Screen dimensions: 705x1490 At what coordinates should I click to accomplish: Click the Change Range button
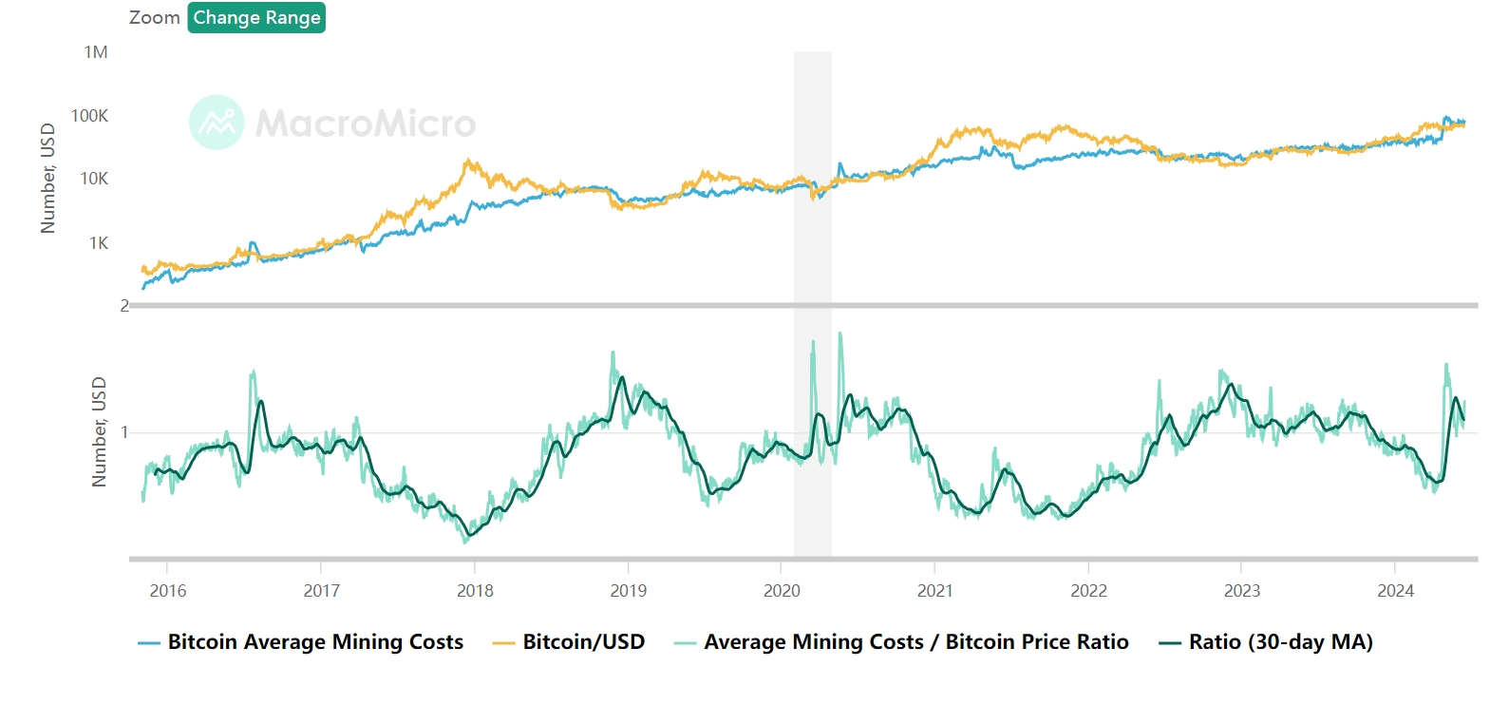pyautogui.click(x=256, y=18)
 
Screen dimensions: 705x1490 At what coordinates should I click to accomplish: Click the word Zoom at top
pyautogui.click(x=155, y=18)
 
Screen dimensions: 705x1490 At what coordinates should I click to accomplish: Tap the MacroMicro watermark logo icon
pyautogui.click(x=217, y=123)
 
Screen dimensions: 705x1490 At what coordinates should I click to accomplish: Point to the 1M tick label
pyautogui.click(x=96, y=52)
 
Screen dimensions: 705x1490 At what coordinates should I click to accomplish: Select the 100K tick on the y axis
pyautogui.click(x=90, y=116)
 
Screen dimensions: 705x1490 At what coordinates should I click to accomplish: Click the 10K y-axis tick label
pyautogui.click(x=94, y=179)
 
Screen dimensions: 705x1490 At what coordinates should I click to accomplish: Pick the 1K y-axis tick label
pyautogui.click(x=99, y=243)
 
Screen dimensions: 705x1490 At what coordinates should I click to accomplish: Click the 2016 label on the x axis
pyautogui.click(x=168, y=591)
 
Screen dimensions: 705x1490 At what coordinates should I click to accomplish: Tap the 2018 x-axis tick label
pyautogui.click(x=475, y=591)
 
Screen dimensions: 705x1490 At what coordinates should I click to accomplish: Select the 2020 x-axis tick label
pyautogui.click(x=782, y=591)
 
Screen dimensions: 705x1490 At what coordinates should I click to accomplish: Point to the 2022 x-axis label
pyautogui.click(x=1088, y=591)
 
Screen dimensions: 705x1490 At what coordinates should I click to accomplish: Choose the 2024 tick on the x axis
pyautogui.click(x=1395, y=591)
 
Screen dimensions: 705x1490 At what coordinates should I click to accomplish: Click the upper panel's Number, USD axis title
pyautogui.click(x=47, y=178)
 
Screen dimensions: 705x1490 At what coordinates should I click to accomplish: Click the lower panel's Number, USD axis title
pyautogui.click(x=99, y=432)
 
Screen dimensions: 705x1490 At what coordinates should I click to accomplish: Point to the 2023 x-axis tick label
pyautogui.click(x=1242, y=591)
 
